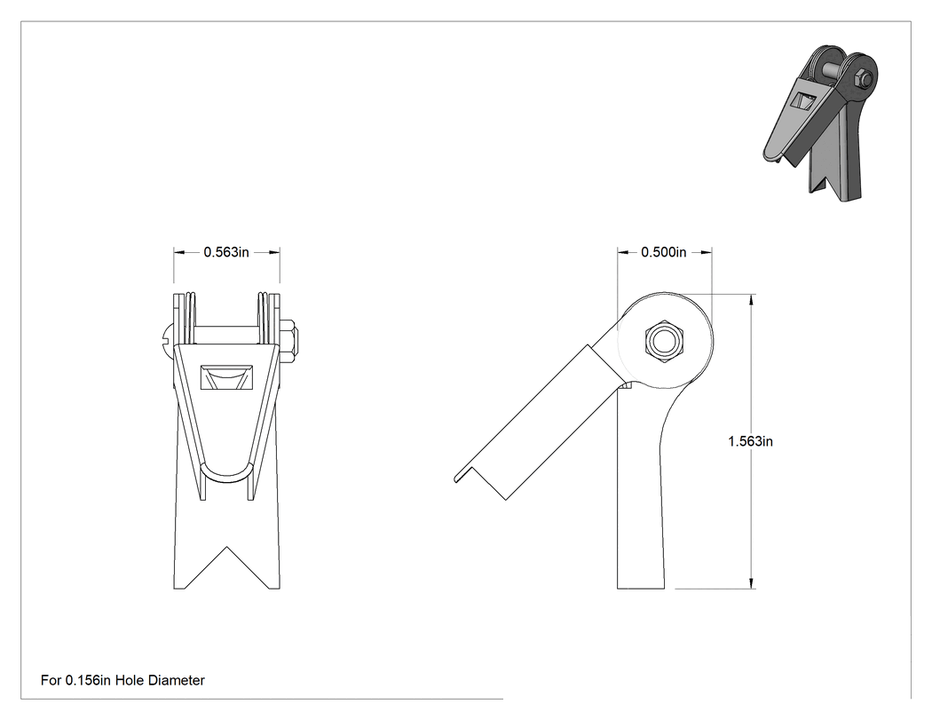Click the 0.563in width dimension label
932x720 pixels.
[x=226, y=252]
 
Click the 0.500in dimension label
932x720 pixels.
[x=663, y=252]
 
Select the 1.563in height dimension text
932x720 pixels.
[x=750, y=441]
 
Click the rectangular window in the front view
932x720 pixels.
[x=226, y=377]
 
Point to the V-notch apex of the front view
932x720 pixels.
[x=227, y=547]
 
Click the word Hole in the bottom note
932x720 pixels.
[x=130, y=680]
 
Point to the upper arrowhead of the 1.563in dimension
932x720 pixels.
[x=752, y=300]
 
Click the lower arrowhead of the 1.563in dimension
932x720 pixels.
[x=752, y=582]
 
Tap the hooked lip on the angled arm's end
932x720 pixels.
[x=462, y=474]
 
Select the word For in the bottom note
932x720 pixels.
[x=51, y=680]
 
